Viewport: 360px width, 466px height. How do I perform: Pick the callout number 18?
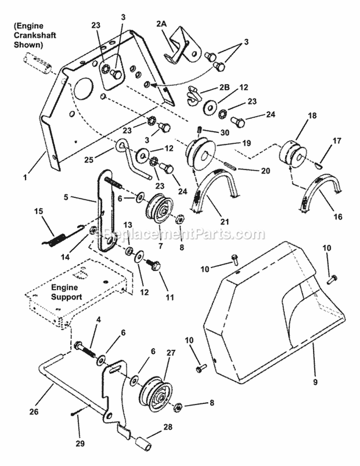coord(299,116)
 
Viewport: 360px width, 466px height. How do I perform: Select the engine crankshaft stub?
coord(36,65)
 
